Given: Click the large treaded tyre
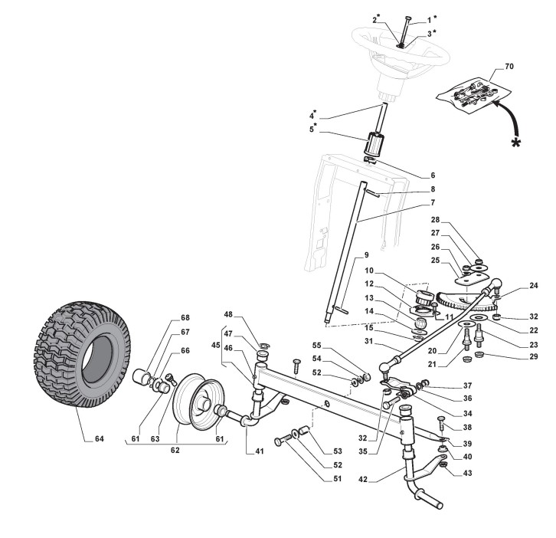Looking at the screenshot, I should pyautogui.click(x=76, y=355).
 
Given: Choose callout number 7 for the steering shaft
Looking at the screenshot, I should pyautogui.click(x=432, y=202).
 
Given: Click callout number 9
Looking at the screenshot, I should pyautogui.click(x=366, y=254).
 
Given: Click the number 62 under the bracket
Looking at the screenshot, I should pyautogui.click(x=175, y=451).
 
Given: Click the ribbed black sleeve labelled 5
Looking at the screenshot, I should pyautogui.click(x=374, y=144).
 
